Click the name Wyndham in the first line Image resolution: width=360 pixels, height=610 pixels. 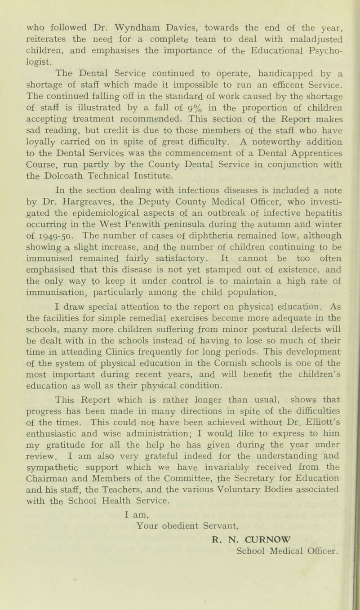[x=130, y=8]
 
